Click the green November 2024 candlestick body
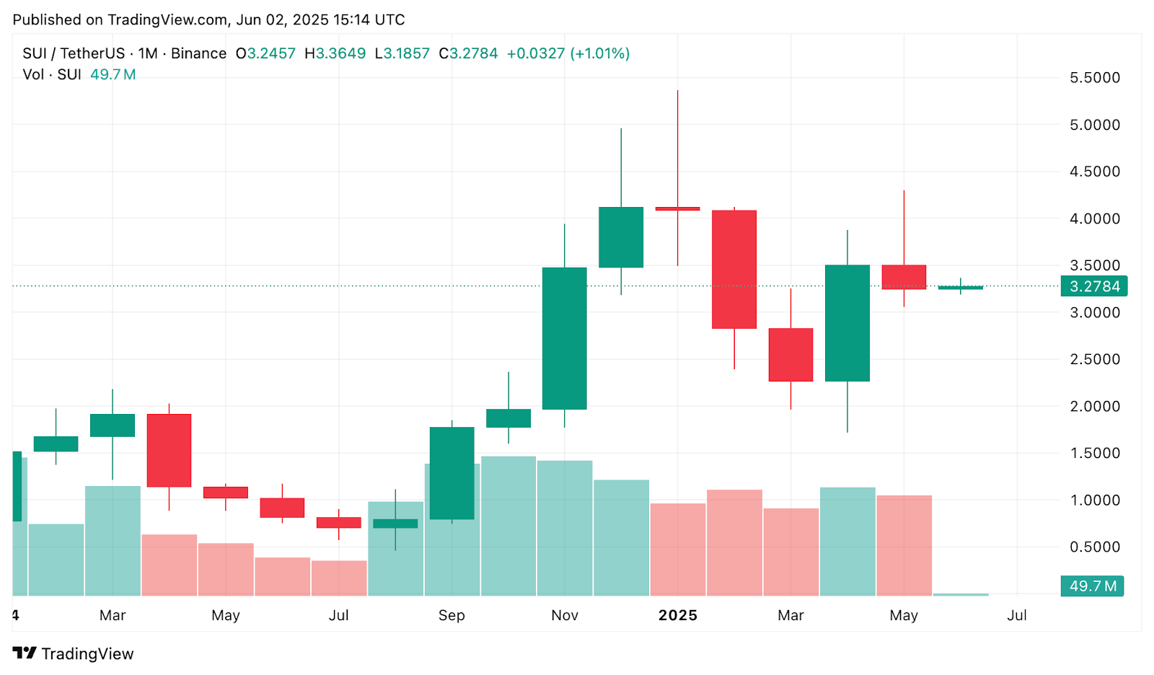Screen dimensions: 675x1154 564,338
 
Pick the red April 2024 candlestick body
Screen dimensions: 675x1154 169,450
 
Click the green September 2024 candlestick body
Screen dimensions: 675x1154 452,473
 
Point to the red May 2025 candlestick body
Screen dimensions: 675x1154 904,277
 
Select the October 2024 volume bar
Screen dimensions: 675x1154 508,526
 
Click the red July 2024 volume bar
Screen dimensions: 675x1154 339,578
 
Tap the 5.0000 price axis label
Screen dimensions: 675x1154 1094,125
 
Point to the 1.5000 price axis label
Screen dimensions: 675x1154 1094,453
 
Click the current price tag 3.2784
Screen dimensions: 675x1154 1093,286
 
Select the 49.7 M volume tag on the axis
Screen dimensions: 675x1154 1092,586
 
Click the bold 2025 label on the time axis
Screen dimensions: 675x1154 678,615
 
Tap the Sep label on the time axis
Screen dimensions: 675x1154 452,615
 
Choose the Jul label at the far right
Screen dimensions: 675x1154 1017,615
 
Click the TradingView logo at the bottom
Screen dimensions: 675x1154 74,653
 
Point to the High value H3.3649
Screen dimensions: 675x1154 335,53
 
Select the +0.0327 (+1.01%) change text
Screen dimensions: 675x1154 568,53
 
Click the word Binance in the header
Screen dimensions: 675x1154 198,53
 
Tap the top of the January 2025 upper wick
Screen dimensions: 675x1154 677,92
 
